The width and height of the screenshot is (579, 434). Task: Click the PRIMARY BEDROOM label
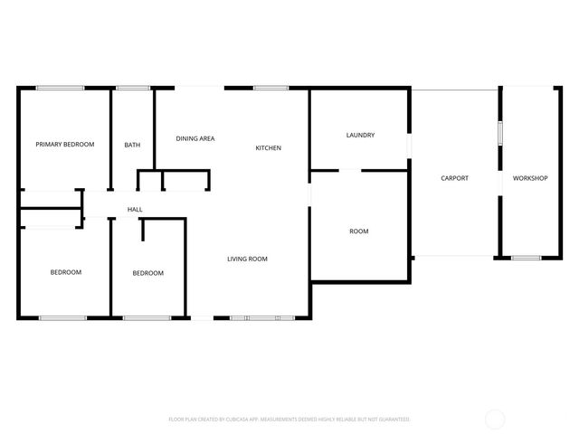[64, 144]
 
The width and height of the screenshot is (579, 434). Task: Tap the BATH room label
[132, 145]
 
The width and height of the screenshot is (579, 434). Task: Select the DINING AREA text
[195, 138]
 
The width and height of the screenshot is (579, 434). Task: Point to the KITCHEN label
[268, 148]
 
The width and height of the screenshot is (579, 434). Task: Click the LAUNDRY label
[360, 136]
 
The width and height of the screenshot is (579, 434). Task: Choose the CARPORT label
[454, 178]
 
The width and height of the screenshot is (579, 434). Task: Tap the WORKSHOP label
[530, 178]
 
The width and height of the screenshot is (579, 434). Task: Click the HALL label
[135, 210]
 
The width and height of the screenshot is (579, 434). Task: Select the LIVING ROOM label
[247, 259]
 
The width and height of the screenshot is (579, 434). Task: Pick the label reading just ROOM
[359, 231]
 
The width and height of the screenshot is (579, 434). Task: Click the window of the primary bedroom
[61, 88]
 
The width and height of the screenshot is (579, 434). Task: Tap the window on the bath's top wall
[133, 88]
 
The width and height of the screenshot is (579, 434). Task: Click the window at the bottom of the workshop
[526, 259]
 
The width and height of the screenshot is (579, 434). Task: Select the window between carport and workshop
[498, 132]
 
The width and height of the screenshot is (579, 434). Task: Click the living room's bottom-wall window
[262, 317]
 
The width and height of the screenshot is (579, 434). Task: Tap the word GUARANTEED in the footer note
[392, 420]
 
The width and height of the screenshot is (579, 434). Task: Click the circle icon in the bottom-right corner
[495, 419]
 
